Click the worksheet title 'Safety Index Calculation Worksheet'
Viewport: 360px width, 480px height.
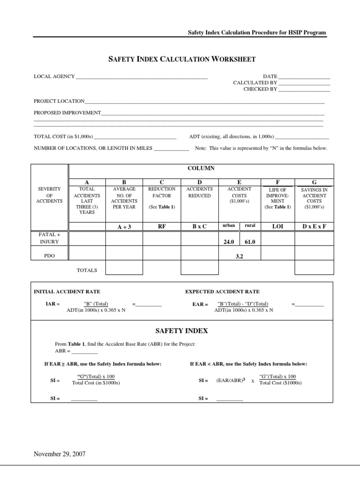182,59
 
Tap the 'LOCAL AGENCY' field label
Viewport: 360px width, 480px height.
54,76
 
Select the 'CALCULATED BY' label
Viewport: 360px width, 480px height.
255,82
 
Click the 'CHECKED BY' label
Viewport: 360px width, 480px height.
260,89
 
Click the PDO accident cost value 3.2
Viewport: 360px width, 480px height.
240,257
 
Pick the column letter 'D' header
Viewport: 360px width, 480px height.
199,182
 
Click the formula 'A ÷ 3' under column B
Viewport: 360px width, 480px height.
124,227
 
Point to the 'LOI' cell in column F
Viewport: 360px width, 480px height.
277,226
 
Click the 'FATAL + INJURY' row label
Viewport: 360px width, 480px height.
49,238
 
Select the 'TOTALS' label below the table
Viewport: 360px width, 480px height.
87,270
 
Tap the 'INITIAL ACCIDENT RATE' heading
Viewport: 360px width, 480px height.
67,292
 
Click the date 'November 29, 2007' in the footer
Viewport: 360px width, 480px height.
59,454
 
